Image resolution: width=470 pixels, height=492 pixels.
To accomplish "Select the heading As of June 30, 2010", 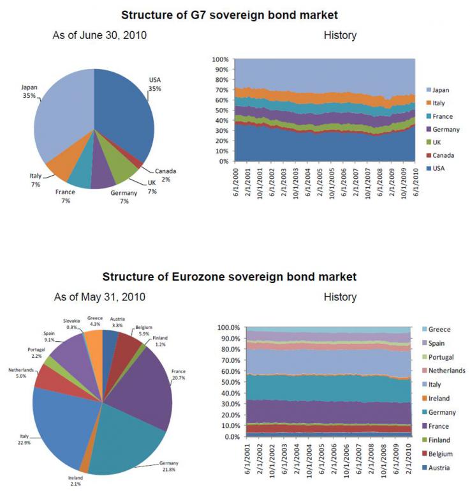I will (x=99, y=35).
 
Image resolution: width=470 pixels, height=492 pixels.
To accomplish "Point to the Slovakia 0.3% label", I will (x=71, y=324).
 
